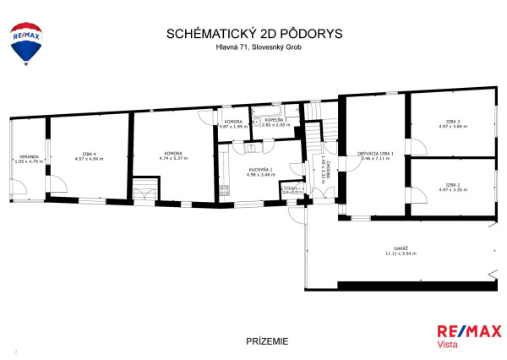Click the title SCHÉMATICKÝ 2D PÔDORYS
(x=253, y=35)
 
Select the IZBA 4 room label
(x=89, y=154)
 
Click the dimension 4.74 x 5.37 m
(x=172, y=159)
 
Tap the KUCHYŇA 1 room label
(x=259, y=170)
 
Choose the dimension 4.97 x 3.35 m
(x=453, y=188)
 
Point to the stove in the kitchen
(x=223, y=189)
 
